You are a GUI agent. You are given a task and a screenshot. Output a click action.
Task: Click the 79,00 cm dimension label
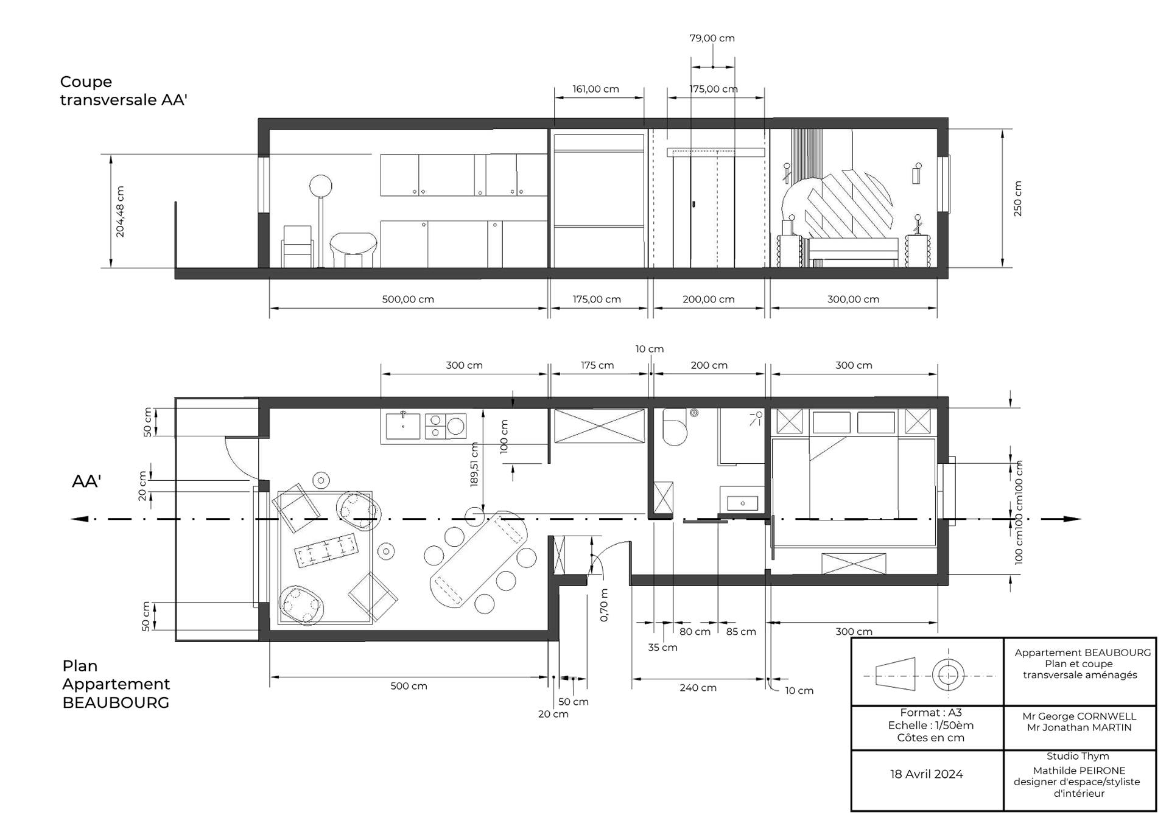pyautogui.click(x=712, y=38)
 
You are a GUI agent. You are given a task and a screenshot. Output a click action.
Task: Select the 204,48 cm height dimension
pyautogui.click(x=120, y=212)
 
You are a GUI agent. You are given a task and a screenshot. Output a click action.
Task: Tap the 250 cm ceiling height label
pyautogui.click(x=1018, y=198)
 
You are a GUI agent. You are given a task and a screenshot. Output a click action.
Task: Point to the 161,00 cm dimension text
pyautogui.click(x=595, y=89)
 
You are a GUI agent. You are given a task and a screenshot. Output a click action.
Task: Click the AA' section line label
pyautogui.click(x=86, y=481)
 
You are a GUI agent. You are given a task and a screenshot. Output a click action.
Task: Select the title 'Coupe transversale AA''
pyautogui.click(x=124, y=91)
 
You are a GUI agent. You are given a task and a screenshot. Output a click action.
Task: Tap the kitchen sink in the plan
pyautogui.click(x=402, y=425)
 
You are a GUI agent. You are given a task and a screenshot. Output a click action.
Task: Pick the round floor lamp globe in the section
pyautogui.click(x=321, y=185)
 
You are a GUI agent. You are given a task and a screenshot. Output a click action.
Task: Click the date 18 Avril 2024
pyautogui.click(x=926, y=774)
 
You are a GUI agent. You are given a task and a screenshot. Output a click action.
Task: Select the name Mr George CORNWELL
pyautogui.click(x=1079, y=716)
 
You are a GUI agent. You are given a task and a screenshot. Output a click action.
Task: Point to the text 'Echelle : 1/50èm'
pyautogui.click(x=930, y=726)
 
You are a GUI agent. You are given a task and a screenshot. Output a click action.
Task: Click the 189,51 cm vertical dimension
pyautogui.click(x=474, y=464)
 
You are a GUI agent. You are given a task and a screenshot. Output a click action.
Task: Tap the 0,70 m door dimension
pyautogui.click(x=604, y=605)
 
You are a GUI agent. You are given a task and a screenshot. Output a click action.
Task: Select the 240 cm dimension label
pyautogui.click(x=698, y=688)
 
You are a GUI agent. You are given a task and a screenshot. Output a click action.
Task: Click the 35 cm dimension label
pyautogui.click(x=662, y=647)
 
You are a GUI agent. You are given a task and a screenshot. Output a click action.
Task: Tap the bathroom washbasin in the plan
pyautogui.click(x=742, y=503)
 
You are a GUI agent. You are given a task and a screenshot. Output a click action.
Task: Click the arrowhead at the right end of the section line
pyautogui.click(x=1072, y=519)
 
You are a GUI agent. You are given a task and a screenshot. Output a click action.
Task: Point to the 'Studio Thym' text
pyautogui.click(x=1078, y=756)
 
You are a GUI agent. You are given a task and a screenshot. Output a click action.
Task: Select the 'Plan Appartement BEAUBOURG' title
pyautogui.click(x=116, y=684)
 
